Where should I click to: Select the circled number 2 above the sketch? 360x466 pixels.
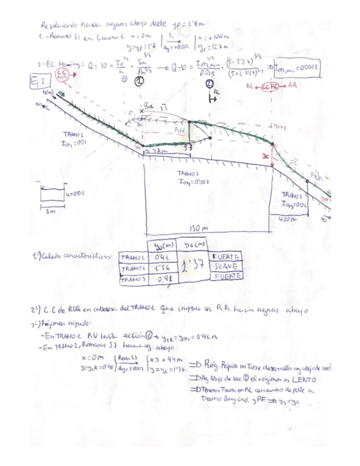click(209, 84)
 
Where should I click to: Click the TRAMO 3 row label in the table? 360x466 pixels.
click(134, 278)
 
